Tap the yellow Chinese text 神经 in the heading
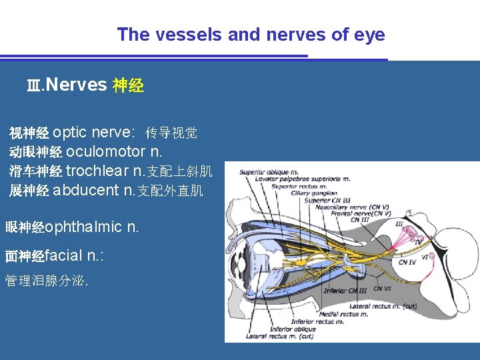pos(128,85)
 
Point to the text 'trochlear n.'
pos(104,171)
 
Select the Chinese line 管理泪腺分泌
pos(45,281)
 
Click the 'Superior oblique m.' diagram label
pos(268,173)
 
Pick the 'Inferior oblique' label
pos(293,329)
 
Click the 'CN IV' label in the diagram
pos(407,262)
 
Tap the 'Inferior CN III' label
pos(345,290)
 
